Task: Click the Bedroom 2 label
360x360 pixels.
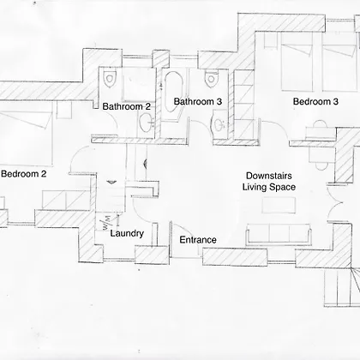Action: click(24, 174)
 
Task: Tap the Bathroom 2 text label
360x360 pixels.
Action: click(126, 106)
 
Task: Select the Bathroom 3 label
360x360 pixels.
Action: click(198, 101)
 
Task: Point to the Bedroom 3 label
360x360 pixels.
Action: click(315, 101)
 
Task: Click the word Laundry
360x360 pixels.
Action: click(127, 233)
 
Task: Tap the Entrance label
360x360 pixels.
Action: click(198, 240)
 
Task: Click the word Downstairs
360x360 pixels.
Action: click(269, 176)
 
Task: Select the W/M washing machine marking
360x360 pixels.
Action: click(106, 223)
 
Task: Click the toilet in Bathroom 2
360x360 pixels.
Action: click(110, 78)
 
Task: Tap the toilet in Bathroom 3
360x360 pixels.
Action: click(211, 79)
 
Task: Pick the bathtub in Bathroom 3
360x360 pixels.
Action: click(173, 92)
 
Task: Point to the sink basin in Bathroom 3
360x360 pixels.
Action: click(219, 124)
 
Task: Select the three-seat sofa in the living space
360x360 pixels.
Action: click(278, 235)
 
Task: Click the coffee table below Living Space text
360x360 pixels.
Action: click(279, 205)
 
